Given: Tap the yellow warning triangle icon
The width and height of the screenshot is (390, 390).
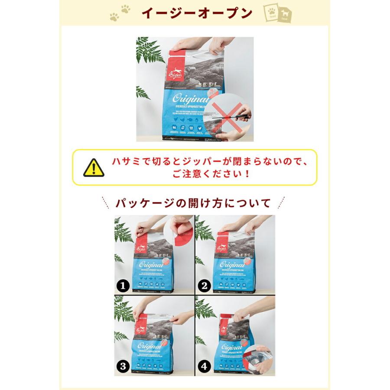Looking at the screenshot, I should (x=94, y=168).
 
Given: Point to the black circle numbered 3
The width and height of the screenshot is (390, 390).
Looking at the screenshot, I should (x=123, y=367).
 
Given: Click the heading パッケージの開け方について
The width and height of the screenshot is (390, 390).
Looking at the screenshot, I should (x=193, y=203).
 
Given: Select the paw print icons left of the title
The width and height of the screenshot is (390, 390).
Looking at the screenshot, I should (x=120, y=13).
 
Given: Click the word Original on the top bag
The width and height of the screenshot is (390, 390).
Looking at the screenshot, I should (x=185, y=96).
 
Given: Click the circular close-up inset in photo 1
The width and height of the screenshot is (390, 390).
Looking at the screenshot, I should (x=180, y=229).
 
